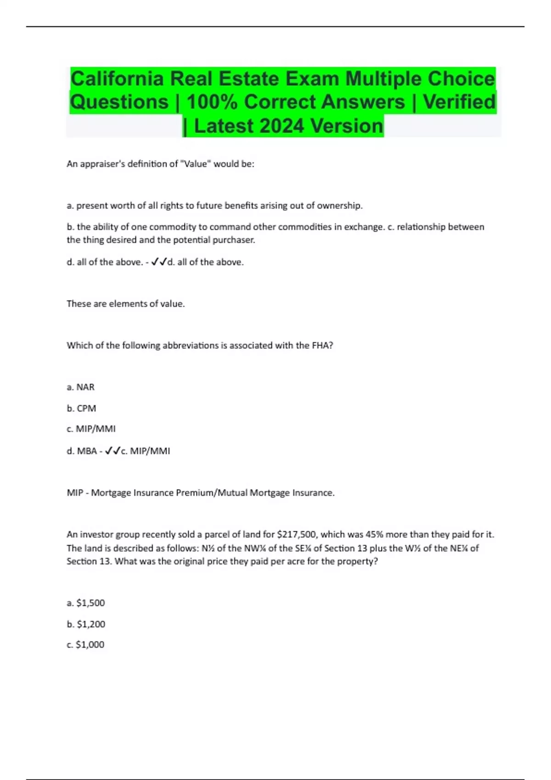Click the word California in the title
click(x=117, y=78)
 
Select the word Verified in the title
click(x=459, y=102)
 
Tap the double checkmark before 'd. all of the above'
click(x=159, y=262)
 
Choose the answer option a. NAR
click(x=81, y=387)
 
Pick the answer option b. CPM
click(x=81, y=408)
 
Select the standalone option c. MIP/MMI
click(x=91, y=429)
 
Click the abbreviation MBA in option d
click(x=87, y=451)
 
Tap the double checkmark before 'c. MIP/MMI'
click(x=113, y=451)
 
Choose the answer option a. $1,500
click(x=86, y=603)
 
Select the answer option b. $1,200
click(x=86, y=624)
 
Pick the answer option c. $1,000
click(x=85, y=645)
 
